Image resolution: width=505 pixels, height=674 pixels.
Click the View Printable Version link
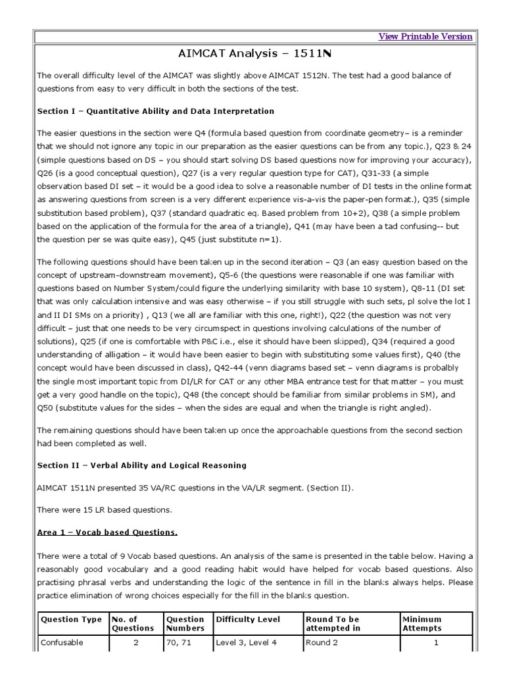pos(425,37)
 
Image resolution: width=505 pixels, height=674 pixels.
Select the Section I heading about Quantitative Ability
pos(156,111)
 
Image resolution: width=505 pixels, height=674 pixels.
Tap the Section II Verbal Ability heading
pos(142,465)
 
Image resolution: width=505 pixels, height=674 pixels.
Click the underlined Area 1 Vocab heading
pos(107,532)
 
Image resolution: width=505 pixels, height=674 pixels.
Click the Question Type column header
pos(71,619)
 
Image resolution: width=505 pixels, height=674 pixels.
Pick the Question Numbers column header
pos(185,624)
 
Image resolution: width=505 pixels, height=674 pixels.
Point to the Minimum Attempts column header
pos(422,624)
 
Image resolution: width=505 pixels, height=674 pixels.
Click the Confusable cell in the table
pos(62,643)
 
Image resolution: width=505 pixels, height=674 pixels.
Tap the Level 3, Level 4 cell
pos(247,643)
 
